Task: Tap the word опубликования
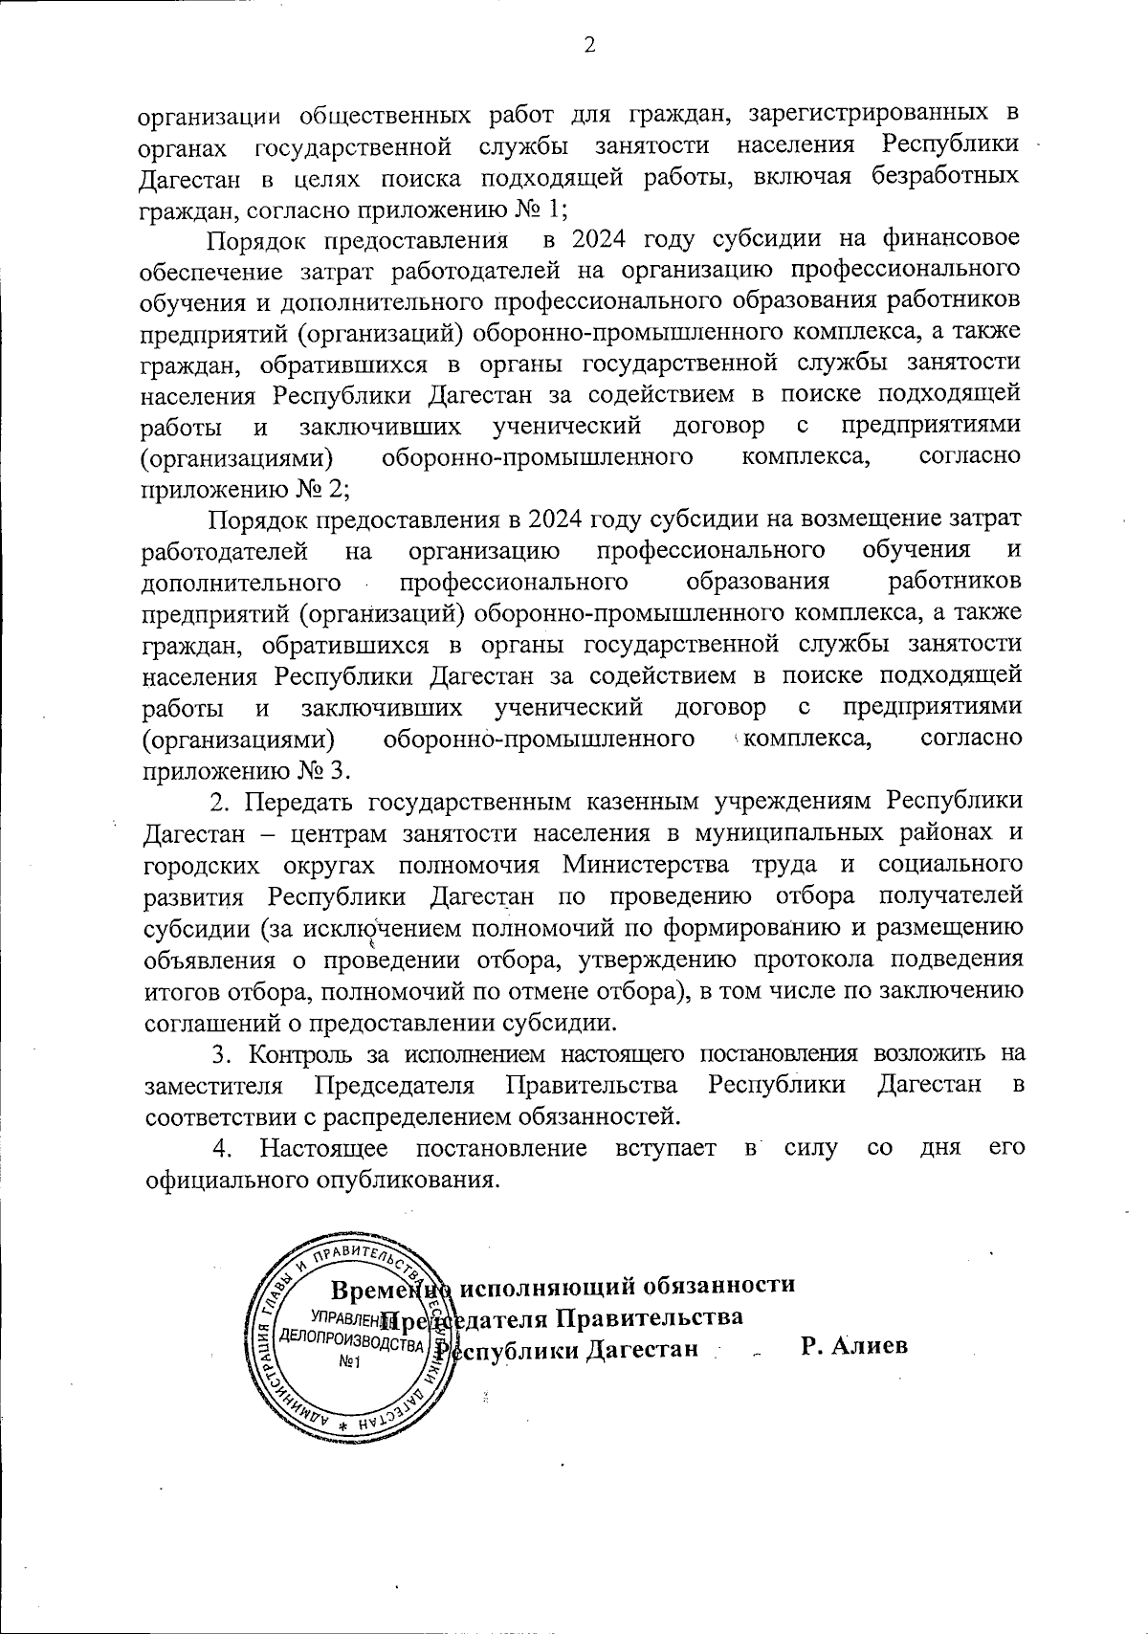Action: coord(404,1179)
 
